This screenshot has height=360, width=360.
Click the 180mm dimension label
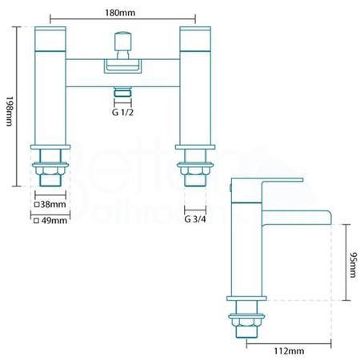coord(120,13)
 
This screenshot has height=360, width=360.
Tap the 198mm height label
coord(9,111)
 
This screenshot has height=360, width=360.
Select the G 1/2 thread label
coord(122,112)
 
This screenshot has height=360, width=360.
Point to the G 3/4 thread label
coord(195,219)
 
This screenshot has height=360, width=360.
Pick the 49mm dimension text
coord(54,221)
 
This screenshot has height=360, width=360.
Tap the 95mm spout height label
coord(353,265)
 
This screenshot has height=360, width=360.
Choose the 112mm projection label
coord(289,351)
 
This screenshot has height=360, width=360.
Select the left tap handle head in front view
coord(50,39)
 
